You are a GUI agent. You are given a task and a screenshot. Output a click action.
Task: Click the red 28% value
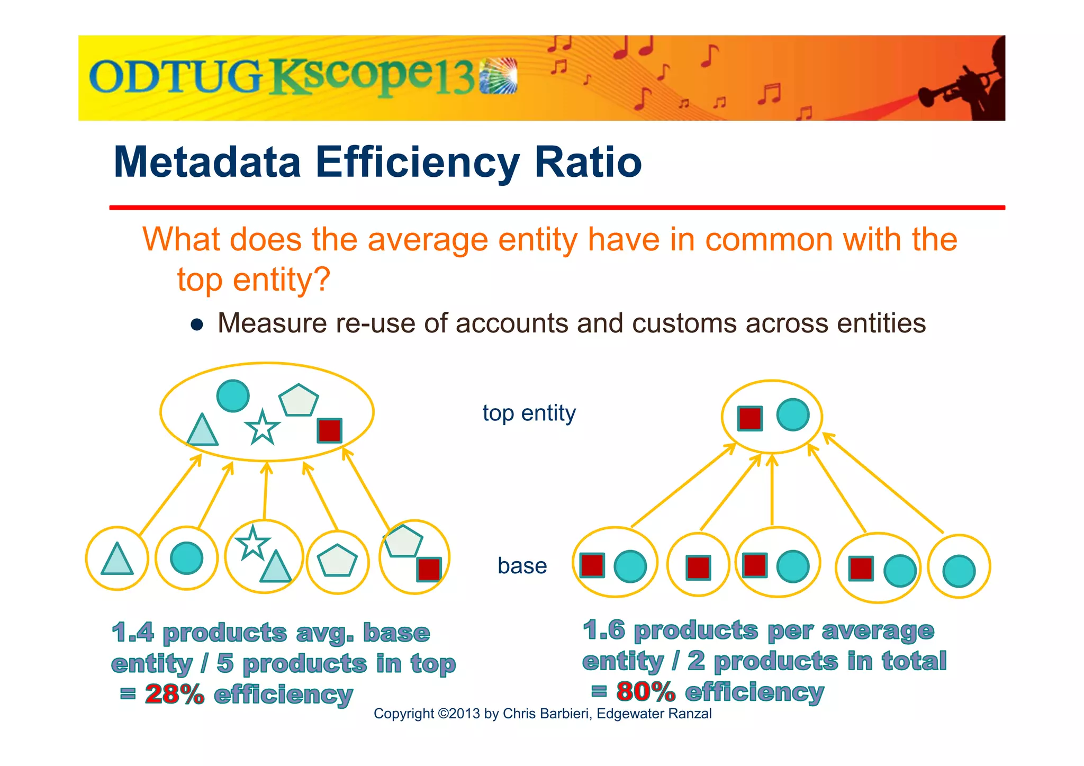coord(174,694)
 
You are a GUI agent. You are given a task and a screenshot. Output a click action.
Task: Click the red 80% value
coord(645,691)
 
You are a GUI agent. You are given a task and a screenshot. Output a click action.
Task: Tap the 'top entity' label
coord(529,413)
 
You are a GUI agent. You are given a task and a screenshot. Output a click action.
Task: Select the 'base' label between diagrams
coord(522,566)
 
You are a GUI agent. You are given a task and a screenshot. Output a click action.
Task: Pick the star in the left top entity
coord(262,428)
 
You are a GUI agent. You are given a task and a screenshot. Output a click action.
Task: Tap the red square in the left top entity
coord(329,430)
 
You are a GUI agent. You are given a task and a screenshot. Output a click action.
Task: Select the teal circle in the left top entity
coord(233,395)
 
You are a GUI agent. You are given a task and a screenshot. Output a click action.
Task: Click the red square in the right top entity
coord(750,418)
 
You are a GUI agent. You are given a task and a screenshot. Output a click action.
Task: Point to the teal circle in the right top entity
coord(793,414)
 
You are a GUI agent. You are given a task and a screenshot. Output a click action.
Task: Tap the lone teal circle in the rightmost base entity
coord(959,571)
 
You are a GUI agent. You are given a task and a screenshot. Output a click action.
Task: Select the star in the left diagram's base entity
coord(252,543)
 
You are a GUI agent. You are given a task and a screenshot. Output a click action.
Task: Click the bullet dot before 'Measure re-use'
coord(197,325)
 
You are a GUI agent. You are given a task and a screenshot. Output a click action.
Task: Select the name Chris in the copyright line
coord(517,714)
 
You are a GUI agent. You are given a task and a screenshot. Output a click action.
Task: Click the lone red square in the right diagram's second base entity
coord(698,567)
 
